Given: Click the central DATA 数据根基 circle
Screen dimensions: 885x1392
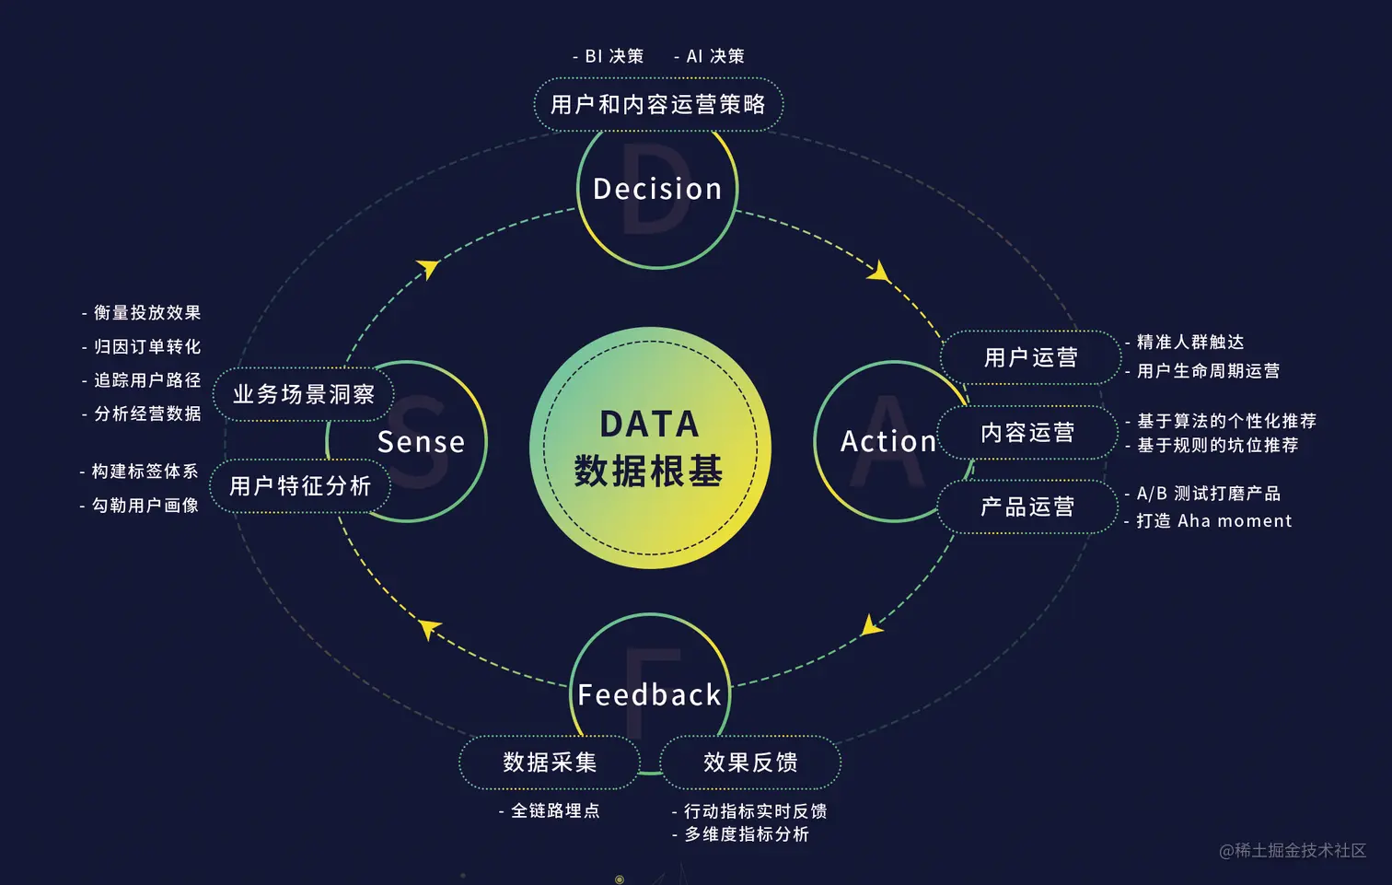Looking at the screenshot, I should [649, 448].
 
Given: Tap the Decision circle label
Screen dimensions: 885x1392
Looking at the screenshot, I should [657, 190].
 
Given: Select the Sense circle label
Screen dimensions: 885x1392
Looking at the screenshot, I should [421, 442].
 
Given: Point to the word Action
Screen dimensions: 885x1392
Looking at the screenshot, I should [888, 441].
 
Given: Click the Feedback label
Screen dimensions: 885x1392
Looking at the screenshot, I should [649, 694].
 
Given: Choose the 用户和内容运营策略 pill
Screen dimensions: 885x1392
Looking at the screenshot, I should [658, 105].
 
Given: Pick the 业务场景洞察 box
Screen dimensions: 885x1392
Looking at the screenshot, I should [304, 394].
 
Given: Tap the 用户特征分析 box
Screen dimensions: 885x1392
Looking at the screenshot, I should [300, 486].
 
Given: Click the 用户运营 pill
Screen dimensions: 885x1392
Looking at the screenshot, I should [1030, 357].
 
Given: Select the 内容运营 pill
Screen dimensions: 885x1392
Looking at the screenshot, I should [1027, 433].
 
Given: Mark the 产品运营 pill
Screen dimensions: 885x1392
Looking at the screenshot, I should [1027, 507].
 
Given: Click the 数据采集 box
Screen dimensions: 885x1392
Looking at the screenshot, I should [550, 763].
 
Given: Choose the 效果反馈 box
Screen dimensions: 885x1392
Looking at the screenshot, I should [750, 763].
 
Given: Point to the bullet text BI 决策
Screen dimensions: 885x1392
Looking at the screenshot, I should [609, 56].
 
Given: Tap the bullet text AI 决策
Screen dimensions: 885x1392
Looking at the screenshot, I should [711, 56].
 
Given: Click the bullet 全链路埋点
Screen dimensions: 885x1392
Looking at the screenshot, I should [551, 810].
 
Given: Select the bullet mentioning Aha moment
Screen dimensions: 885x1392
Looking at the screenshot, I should [1210, 521].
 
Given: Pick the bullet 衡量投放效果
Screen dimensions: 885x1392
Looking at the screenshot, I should [144, 313].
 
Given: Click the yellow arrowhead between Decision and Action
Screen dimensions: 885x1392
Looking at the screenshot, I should [880, 272].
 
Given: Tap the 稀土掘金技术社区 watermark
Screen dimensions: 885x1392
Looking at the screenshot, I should [1293, 850].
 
